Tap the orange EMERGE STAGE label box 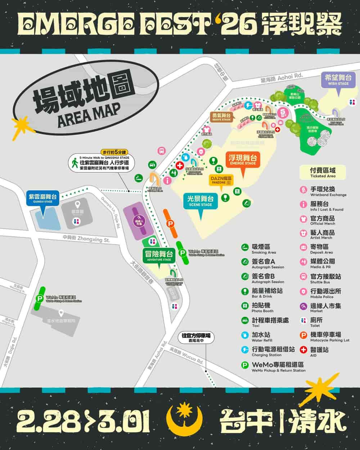(x=243, y=160)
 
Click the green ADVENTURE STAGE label (x=159, y=256)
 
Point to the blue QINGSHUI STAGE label (x=43, y=198)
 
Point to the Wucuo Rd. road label (x=186, y=356)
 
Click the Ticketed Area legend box (x=323, y=172)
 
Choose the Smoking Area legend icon (x=245, y=247)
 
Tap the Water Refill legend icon (x=245, y=335)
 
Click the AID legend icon (x=303, y=350)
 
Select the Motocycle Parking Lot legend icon (x=303, y=335)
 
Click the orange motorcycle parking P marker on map (x=170, y=224)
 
